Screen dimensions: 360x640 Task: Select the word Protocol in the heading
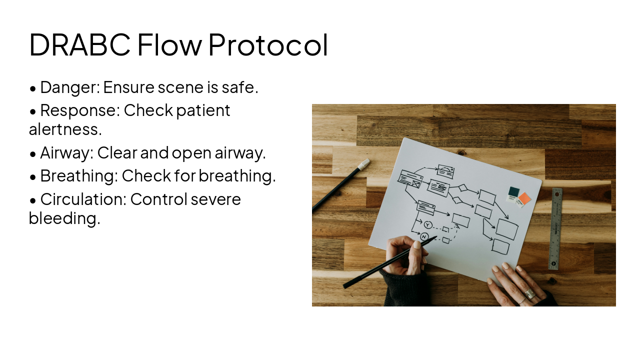(268, 44)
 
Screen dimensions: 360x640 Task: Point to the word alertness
(65, 129)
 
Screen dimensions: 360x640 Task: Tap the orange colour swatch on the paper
(524, 198)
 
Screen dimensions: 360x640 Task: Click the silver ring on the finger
(529, 294)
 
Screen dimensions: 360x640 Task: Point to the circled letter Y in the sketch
(428, 225)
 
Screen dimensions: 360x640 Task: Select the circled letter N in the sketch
(424, 236)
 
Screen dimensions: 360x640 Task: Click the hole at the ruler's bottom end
(553, 263)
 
